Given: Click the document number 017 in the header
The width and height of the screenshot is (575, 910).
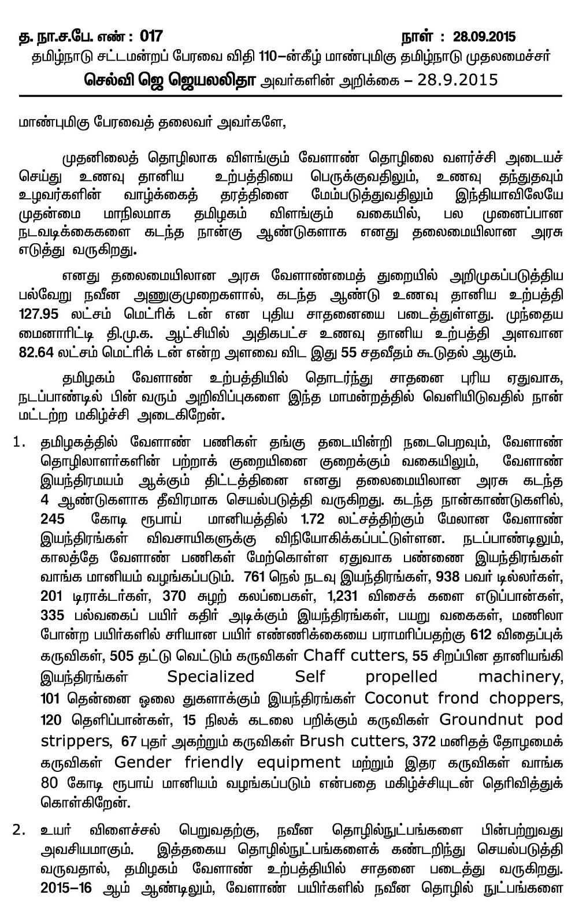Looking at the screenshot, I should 151,38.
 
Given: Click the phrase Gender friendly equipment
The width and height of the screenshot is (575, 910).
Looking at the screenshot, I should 228,762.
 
